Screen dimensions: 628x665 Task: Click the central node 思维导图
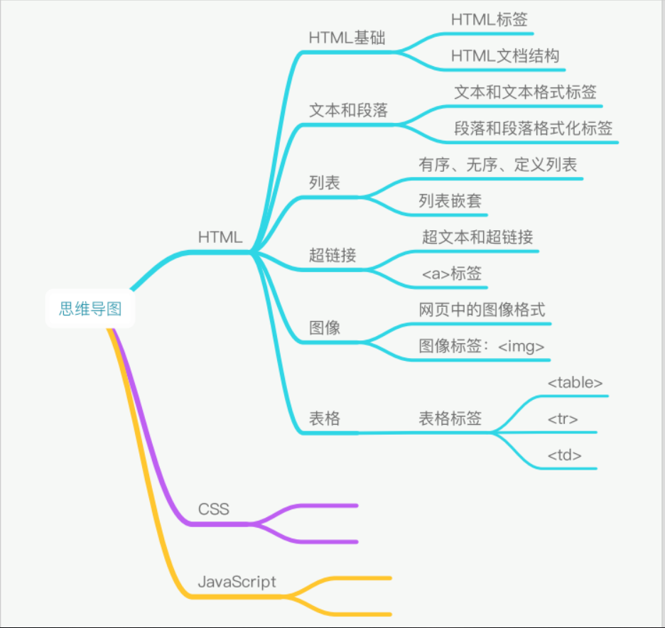tap(90, 309)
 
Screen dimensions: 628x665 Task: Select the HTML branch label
tap(220, 237)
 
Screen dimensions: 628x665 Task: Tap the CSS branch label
tap(214, 509)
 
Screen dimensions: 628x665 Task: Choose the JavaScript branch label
tap(237, 581)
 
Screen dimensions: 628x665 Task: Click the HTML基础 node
tap(347, 38)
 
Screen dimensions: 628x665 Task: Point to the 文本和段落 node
tap(349, 111)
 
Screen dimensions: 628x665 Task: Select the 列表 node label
tap(325, 183)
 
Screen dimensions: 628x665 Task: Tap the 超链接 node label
tap(332, 255)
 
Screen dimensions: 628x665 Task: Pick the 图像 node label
tap(325, 327)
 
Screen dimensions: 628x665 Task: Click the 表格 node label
tap(325, 418)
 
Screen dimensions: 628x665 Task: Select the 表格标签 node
tap(450, 418)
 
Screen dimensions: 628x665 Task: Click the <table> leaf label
tap(575, 382)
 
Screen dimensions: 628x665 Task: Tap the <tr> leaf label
tap(563, 419)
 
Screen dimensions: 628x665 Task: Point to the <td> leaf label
tap(565, 455)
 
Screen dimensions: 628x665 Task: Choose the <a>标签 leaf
tap(452, 273)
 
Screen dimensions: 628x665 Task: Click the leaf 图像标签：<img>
tap(482, 346)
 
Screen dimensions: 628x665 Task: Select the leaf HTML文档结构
tap(505, 55)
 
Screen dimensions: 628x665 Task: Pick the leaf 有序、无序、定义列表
tap(498, 165)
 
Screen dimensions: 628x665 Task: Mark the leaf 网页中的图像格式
tap(482, 310)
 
